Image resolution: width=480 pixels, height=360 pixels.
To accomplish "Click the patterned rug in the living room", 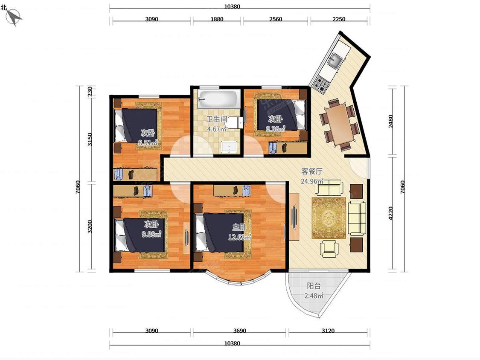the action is pos(329,218).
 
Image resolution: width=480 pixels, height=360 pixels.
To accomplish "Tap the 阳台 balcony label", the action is pos(314,286).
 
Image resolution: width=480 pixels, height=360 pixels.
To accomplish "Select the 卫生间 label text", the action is pos(216,119).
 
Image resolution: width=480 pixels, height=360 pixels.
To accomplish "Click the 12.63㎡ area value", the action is pos(240,237).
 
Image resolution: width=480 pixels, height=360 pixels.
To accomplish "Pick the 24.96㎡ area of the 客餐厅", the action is pos(312,181).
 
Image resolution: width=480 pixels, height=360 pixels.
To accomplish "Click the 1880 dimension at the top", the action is pos(217,19).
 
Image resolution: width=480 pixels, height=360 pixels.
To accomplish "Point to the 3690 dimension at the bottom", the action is pos(239,331).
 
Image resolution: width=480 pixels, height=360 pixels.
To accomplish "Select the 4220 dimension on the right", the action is pos(390,213).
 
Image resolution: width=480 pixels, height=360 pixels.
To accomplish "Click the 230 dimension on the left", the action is pos(90,91).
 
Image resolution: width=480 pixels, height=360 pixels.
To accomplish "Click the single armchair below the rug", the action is pos(329,248).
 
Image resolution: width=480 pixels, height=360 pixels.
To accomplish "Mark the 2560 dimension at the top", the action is pos(276,19).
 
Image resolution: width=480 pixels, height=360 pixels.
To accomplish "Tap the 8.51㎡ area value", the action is pos(148,142).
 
